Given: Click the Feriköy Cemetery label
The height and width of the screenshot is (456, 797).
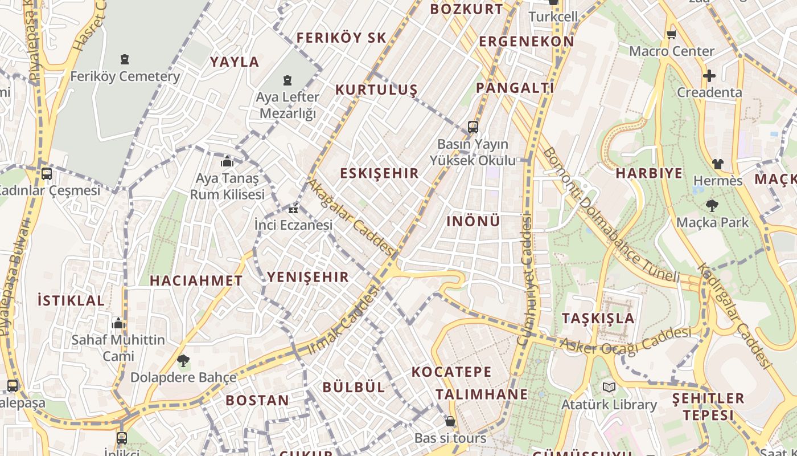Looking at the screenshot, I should (x=125, y=76).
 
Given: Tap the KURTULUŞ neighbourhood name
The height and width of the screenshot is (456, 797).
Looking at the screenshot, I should (x=376, y=89).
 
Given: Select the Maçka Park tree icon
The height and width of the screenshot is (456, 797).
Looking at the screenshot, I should (x=712, y=206).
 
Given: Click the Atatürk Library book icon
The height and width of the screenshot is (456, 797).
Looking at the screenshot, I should (x=609, y=388).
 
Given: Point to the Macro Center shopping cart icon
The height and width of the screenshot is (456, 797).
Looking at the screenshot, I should (x=671, y=35).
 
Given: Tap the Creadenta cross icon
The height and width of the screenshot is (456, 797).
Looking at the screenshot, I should (x=709, y=75).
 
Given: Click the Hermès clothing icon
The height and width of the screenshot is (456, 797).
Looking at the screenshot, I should (x=717, y=164).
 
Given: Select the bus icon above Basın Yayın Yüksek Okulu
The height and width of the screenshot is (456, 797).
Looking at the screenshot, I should (x=473, y=127).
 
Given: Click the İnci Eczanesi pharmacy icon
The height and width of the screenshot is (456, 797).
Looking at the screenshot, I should (x=294, y=209).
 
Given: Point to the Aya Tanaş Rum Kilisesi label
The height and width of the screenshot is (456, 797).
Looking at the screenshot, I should (x=227, y=186).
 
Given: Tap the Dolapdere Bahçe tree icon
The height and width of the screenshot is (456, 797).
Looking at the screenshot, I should (x=183, y=360).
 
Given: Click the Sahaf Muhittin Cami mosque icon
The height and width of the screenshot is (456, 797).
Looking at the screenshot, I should (x=118, y=324).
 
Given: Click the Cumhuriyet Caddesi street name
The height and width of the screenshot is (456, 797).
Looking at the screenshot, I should (x=527, y=279).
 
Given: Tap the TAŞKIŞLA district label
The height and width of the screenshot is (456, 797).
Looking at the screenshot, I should (x=598, y=318).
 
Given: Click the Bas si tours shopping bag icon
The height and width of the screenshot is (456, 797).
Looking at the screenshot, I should (x=450, y=421).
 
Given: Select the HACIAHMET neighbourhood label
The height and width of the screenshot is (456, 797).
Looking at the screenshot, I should (x=196, y=280).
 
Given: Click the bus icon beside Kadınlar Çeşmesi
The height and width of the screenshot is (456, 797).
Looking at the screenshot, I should (x=47, y=173).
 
